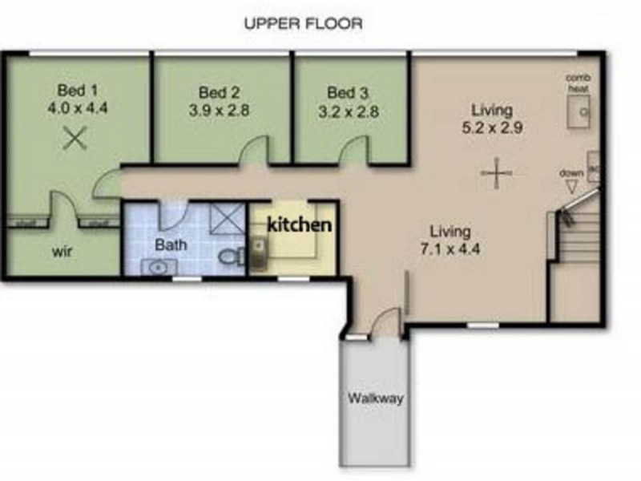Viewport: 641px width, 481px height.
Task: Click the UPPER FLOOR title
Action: [x=303, y=23]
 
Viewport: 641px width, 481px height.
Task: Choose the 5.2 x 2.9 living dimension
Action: [x=493, y=127]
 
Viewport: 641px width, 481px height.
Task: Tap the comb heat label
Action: [x=578, y=83]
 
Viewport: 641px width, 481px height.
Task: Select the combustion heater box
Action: [x=579, y=112]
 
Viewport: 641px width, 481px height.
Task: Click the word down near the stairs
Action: [x=570, y=172]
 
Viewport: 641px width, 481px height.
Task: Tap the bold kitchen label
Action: [x=299, y=225]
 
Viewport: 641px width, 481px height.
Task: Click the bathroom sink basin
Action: [x=158, y=266]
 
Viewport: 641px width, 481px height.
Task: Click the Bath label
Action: [x=171, y=244]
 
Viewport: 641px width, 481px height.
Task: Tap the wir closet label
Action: [x=63, y=251]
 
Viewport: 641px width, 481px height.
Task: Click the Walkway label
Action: [x=376, y=398]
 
